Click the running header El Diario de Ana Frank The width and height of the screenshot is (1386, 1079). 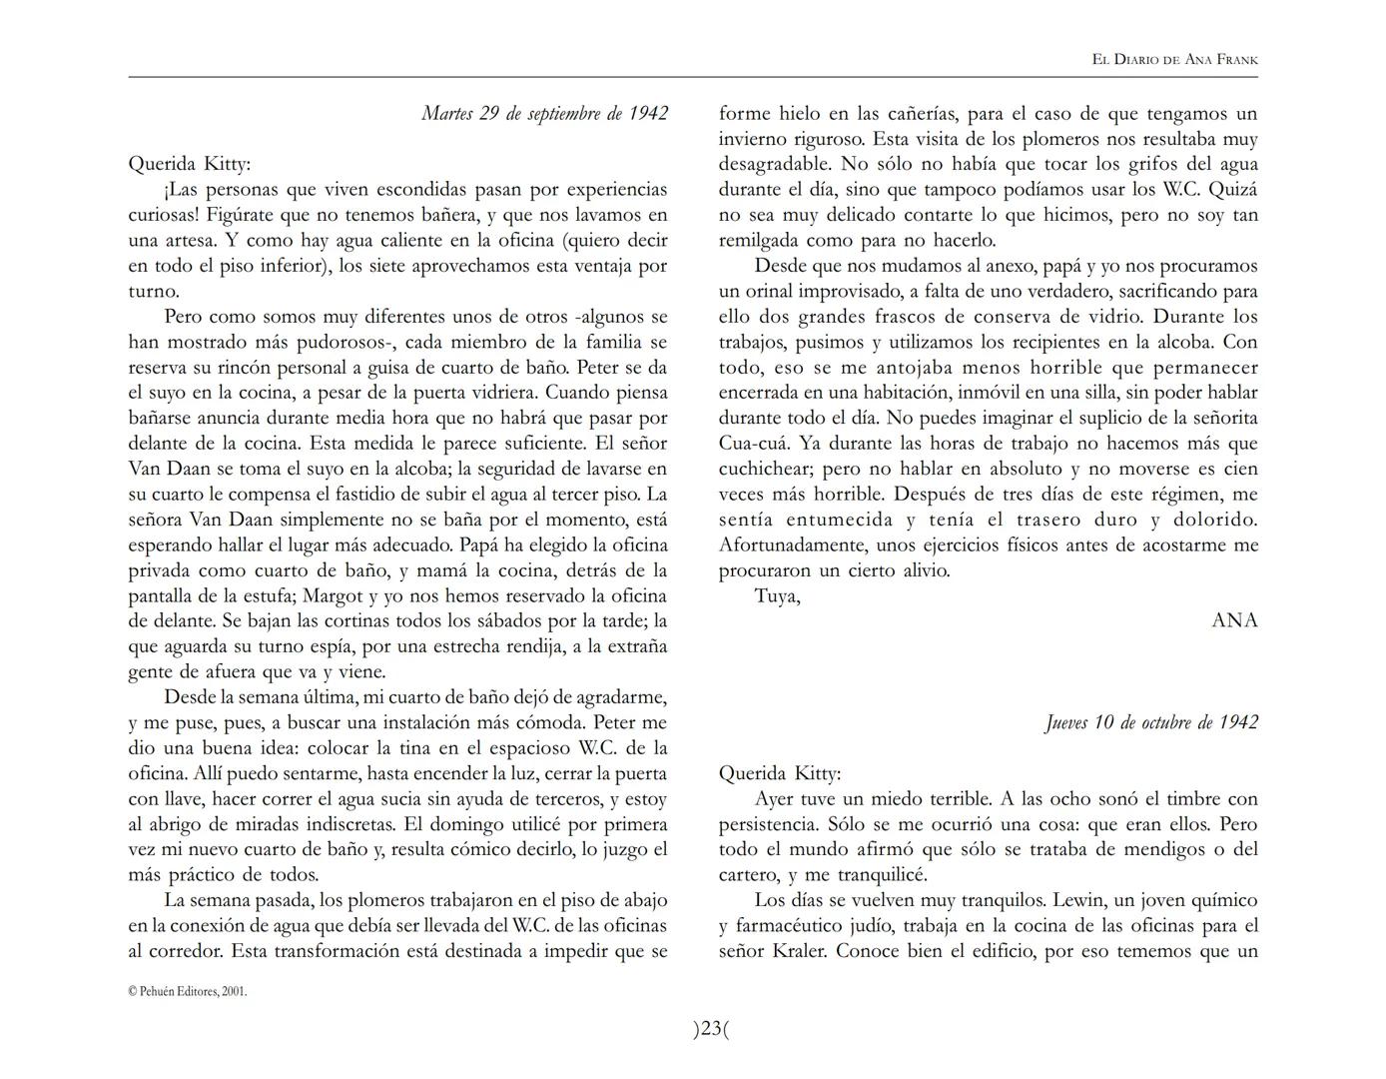point(1174,60)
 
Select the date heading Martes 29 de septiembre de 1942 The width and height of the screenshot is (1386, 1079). point(544,113)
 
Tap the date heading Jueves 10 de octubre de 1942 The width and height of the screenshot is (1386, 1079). point(1151,722)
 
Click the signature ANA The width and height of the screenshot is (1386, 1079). point(1234,620)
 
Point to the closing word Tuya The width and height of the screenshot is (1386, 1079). point(777,596)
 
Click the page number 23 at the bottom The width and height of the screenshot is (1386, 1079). point(711,1029)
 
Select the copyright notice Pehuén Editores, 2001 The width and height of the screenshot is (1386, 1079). point(188,991)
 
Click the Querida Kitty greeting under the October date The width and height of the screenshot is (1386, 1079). point(780,773)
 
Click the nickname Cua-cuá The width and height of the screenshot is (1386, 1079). point(752,444)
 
